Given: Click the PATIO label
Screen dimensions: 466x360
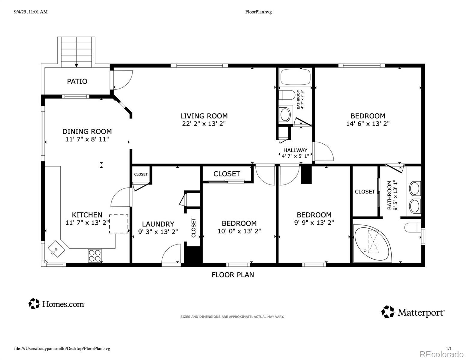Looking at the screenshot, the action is click(77, 82).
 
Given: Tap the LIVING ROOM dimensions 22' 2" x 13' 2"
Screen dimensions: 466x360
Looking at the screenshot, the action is click(204, 124).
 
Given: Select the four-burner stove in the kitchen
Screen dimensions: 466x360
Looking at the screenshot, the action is click(95, 255).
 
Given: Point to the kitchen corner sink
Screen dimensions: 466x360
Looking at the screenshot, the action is click(56, 249).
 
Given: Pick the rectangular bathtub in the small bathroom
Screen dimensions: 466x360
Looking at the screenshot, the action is click(295, 77).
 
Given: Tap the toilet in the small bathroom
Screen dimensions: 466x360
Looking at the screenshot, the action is click(287, 95).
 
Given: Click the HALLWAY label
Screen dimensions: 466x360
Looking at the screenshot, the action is click(295, 150).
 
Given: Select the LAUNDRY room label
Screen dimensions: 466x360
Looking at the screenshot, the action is click(158, 224).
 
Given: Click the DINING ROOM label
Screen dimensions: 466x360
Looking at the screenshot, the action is click(87, 131).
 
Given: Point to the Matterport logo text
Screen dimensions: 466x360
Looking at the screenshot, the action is click(421, 313).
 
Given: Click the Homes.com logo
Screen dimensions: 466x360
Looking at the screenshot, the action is click(57, 304).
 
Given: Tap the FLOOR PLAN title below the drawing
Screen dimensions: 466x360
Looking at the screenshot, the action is click(233, 275).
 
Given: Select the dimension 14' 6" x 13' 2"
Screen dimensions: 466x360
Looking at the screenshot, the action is click(368, 124).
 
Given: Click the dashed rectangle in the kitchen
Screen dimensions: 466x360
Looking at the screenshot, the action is click(119, 224).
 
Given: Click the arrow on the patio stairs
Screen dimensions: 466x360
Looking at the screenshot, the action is click(76, 65).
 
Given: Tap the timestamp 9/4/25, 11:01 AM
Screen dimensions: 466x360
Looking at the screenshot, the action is click(31, 12).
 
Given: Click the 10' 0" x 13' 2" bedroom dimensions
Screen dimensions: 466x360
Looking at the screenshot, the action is click(239, 231).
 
